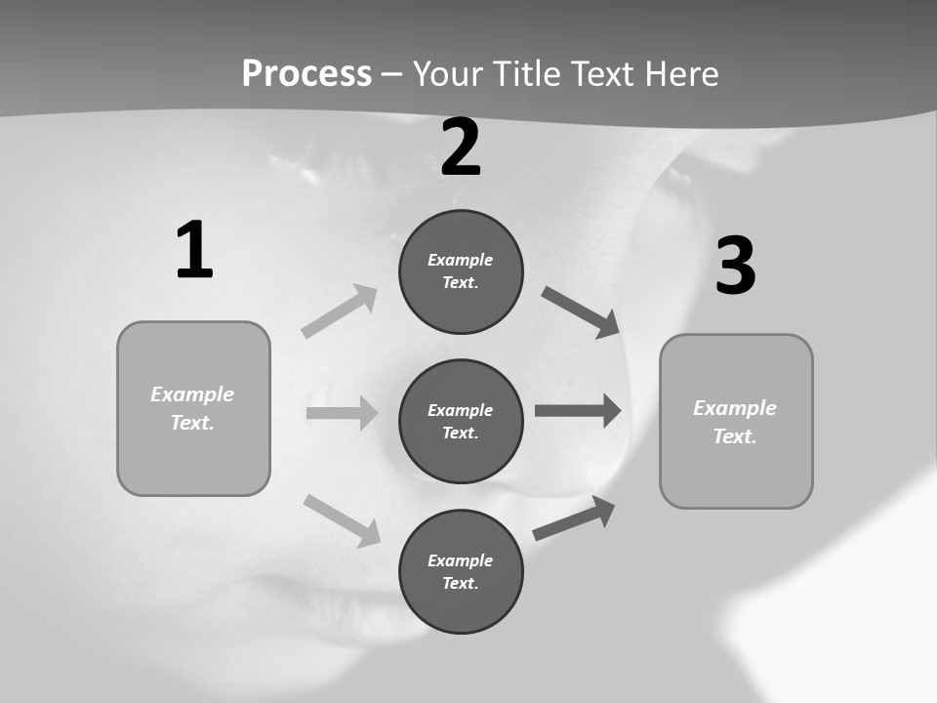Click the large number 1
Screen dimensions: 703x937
coord(194,251)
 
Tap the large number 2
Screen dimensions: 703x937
coord(461,147)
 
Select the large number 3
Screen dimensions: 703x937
coord(735,267)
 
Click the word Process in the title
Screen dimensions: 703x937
coord(306,73)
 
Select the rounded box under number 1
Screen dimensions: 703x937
coord(193,408)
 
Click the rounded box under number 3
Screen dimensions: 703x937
coord(736,421)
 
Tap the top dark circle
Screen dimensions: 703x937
coord(461,271)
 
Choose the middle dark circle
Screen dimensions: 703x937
coord(461,421)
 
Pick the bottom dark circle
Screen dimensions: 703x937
coord(461,571)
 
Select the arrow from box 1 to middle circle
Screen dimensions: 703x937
coord(342,413)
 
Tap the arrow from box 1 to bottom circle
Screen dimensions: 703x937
coord(342,520)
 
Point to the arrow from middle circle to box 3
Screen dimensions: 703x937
coord(578,410)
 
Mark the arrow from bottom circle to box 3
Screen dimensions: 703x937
coord(574,518)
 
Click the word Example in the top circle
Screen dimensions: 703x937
coord(461,260)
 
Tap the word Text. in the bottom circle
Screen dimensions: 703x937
coord(461,583)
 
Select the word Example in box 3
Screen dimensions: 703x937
coord(735,408)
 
